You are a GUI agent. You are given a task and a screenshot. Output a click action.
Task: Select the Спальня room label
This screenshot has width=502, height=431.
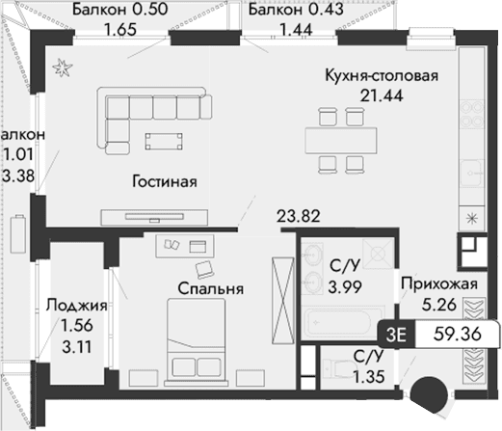209,287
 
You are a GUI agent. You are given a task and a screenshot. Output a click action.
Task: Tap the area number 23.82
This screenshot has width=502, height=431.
297,217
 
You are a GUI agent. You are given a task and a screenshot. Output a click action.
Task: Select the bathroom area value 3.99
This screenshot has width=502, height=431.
345,287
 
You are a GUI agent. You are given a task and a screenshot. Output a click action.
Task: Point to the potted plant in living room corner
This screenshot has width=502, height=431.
64,66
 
